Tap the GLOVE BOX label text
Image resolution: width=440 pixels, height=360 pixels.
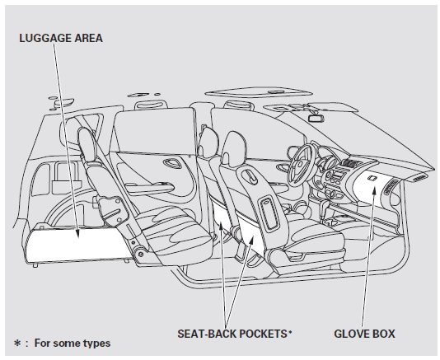click(x=365, y=334)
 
